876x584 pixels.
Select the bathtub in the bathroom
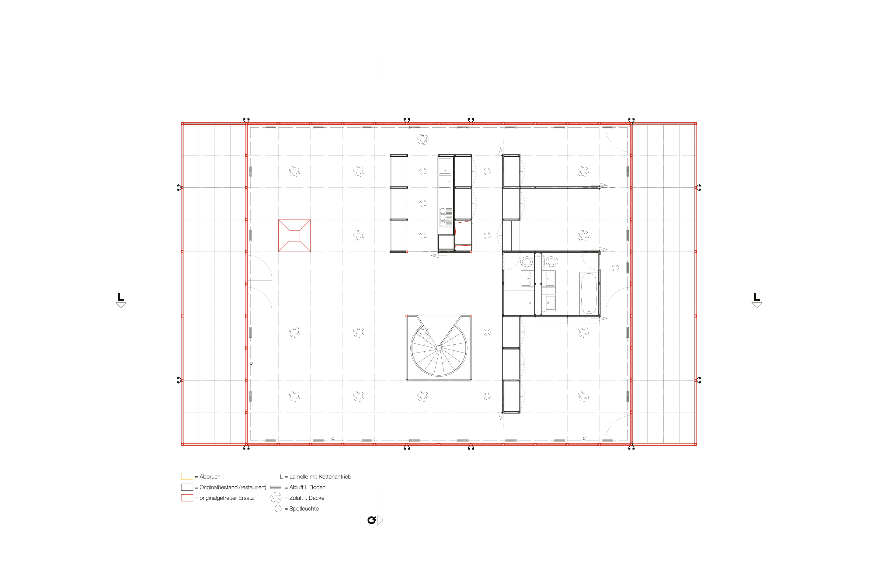point(589,294)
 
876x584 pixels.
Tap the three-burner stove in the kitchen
point(446,217)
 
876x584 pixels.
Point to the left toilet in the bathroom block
point(526,262)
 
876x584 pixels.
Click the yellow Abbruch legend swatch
point(187,476)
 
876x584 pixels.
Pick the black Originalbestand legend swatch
point(187,487)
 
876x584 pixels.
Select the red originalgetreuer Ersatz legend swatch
point(187,498)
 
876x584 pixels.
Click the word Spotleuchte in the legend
point(304,509)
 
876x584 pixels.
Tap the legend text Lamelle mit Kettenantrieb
point(320,477)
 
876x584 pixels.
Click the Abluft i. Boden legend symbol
point(276,487)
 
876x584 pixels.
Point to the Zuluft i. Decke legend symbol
point(276,497)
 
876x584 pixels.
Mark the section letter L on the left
point(121,297)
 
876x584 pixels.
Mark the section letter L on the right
point(756,297)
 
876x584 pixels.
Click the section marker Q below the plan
point(371,520)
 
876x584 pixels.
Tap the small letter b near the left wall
point(251,363)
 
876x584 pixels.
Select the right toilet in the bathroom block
point(552,262)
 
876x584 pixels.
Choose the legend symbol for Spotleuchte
point(278,508)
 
